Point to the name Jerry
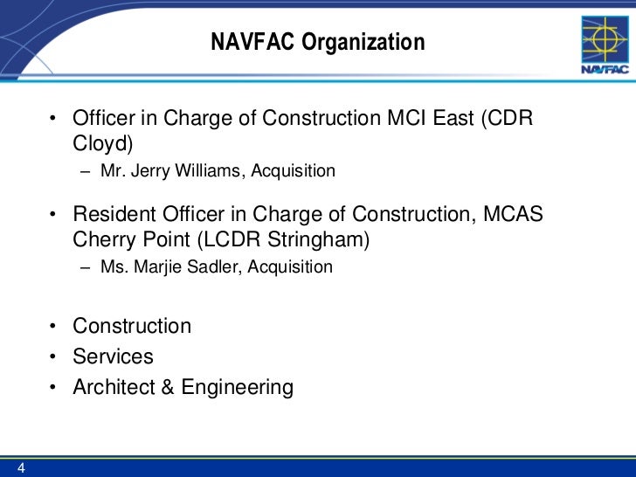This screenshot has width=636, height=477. [153, 171]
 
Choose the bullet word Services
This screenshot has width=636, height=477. [113, 356]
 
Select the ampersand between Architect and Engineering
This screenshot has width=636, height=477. [167, 387]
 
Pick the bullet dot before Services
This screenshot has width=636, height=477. [53, 357]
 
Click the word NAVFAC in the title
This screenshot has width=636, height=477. [253, 42]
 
